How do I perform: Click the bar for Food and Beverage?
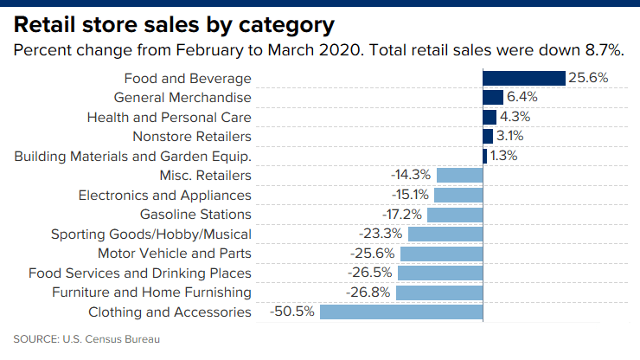click(523, 78)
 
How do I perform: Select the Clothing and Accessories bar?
click(400, 312)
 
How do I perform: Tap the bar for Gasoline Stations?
click(454, 214)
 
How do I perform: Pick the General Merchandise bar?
click(493, 97)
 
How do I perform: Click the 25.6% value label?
click(589, 78)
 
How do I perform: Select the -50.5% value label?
click(293, 312)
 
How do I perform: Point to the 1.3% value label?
click(504, 156)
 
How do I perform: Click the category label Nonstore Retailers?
click(192, 136)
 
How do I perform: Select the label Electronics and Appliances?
click(165, 195)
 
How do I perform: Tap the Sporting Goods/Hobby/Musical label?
click(151, 234)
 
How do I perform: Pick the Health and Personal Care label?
click(170, 117)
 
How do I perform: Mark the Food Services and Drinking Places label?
click(140, 273)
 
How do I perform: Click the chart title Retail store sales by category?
click(174, 22)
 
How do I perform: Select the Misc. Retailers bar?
click(459, 175)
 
